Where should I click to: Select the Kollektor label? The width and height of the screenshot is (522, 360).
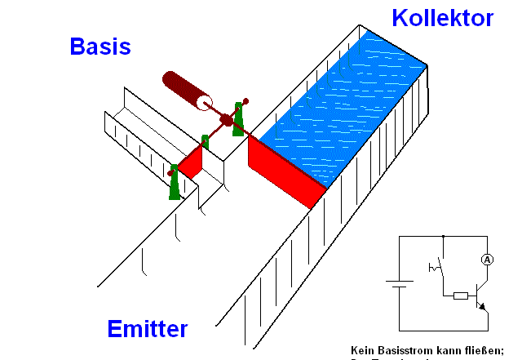click(x=442, y=17)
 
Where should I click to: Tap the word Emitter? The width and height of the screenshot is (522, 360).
click(x=148, y=329)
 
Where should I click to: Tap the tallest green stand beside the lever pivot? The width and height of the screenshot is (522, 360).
click(x=239, y=119)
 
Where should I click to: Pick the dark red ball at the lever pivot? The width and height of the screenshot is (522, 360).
click(x=225, y=121)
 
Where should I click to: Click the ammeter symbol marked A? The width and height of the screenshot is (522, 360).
click(x=487, y=260)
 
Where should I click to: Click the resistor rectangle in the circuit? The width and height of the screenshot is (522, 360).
click(x=460, y=296)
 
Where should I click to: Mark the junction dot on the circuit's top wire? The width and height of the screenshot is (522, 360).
click(x=442, y=236)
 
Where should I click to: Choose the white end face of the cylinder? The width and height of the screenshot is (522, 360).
click(x=203, y=103)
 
